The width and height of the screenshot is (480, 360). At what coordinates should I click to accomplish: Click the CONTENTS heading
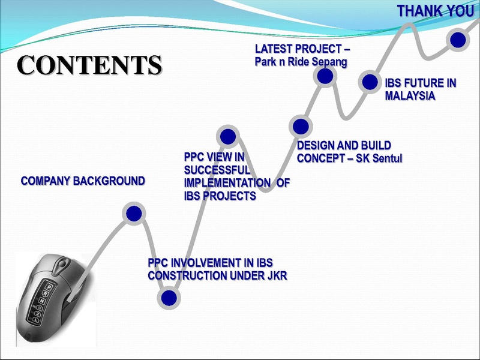pyautogui.click(x=89, y=65)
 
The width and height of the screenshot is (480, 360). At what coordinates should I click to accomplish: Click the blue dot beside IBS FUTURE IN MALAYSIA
pyautogui.click(x=370, y=82)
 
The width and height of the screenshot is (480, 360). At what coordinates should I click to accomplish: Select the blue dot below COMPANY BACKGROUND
pyautogui.click(x=134, y=214)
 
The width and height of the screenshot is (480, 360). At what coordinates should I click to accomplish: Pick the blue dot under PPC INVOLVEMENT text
pyautogui.click(x=169, y=298)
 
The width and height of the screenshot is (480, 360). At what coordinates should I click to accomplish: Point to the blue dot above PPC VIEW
pyautogui.click(x=228, y=136)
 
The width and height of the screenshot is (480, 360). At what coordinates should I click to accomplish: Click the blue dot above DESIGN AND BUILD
pyautogui.click(x=301, y=127)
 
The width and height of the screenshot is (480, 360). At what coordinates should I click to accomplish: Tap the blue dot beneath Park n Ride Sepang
pyautogui.click(x=325, y=76)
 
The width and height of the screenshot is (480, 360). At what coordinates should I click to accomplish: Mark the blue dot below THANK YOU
pyautogui.click(x=458, y=40)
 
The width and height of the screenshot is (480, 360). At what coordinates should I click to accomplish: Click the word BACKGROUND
pyautogui.click(x=109, y=181)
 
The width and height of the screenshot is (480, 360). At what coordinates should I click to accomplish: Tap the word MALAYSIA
pyautogui.click(x=410, y=96)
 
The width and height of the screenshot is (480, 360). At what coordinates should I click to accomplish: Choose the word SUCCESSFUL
pyautogui.click(x=217, y=170)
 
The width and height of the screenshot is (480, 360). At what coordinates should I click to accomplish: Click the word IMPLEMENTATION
pyautogui.click(x=227, y=183)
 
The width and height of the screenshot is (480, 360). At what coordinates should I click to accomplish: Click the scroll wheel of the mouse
pyautogui.click(x=63, y=263)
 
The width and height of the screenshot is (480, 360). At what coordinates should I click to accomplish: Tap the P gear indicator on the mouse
pyautogui.click(x=49, y=287)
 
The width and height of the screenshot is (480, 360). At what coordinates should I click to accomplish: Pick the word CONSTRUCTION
pyautogui.click(x=188, y=276)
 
